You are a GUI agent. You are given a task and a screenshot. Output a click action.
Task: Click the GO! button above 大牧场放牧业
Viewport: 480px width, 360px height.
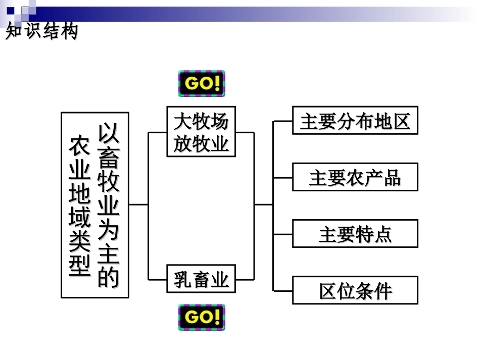point(201,83)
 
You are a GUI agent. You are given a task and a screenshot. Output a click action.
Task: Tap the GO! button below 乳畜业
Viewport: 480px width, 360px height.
point(201,317)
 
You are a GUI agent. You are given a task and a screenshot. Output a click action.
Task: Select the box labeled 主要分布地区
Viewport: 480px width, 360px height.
point(355,120)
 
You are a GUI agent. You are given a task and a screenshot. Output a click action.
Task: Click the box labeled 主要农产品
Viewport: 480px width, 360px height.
point(355,177)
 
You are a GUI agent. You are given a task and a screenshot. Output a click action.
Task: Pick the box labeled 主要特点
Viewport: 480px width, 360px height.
point(355,233)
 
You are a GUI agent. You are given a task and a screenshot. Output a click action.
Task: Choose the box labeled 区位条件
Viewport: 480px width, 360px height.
point(355,290)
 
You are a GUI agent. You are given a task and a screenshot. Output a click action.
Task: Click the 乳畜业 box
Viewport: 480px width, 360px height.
point(201,279)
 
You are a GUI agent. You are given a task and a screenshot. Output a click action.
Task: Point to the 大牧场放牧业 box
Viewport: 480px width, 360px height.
point(201,131)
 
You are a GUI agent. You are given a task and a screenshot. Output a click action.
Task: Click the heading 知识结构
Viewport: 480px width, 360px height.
point(41,31)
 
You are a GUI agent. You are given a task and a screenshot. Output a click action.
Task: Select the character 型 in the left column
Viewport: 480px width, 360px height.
point(80,266)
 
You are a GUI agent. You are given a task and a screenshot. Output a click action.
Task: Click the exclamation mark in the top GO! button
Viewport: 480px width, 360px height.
point(217,83)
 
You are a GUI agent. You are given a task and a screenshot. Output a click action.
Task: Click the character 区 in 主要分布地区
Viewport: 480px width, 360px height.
point(401,121)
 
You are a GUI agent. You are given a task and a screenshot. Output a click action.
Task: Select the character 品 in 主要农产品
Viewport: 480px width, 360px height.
point(392,178)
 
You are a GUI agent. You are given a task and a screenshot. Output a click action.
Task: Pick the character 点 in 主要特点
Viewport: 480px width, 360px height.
point(382,234)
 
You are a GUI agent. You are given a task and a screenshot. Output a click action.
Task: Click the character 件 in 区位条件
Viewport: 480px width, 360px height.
point(382,291)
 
